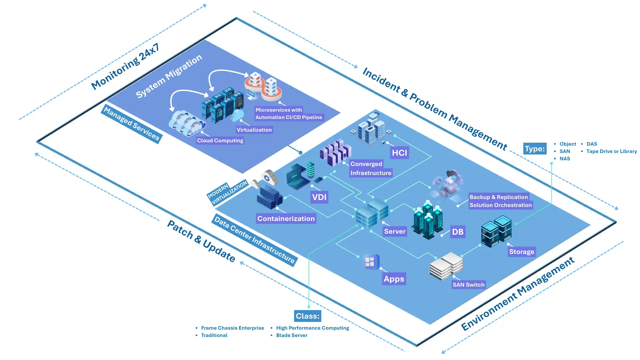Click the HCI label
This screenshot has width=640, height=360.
[x=399, y=153]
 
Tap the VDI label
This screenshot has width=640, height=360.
[x=319, y=197]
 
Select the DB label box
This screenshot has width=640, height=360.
[x=458, y=232]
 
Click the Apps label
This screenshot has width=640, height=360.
[x=394, y=279]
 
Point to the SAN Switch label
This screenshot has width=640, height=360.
[x=468, y=285]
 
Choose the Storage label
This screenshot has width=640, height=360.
[x=521, y=252]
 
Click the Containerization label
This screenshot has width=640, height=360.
[x=286, y=219]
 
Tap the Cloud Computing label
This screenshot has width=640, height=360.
[x=220, y=140]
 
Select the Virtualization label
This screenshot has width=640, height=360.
[x=254, y=130]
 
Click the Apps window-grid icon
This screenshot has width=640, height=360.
[x=370, y=262]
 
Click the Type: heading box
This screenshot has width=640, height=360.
[x=535, y=149]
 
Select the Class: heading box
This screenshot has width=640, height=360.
[x=307, y=316]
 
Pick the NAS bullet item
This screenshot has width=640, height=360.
[x=565, y=159]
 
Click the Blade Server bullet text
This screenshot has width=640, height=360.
[x=292, y=335]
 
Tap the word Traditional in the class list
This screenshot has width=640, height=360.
[x=214, y=335]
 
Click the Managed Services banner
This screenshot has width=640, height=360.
[x=131, y=124]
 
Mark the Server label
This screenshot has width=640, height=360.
[x=395, y=231]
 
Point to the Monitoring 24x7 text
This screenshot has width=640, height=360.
[x=125, y=67]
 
